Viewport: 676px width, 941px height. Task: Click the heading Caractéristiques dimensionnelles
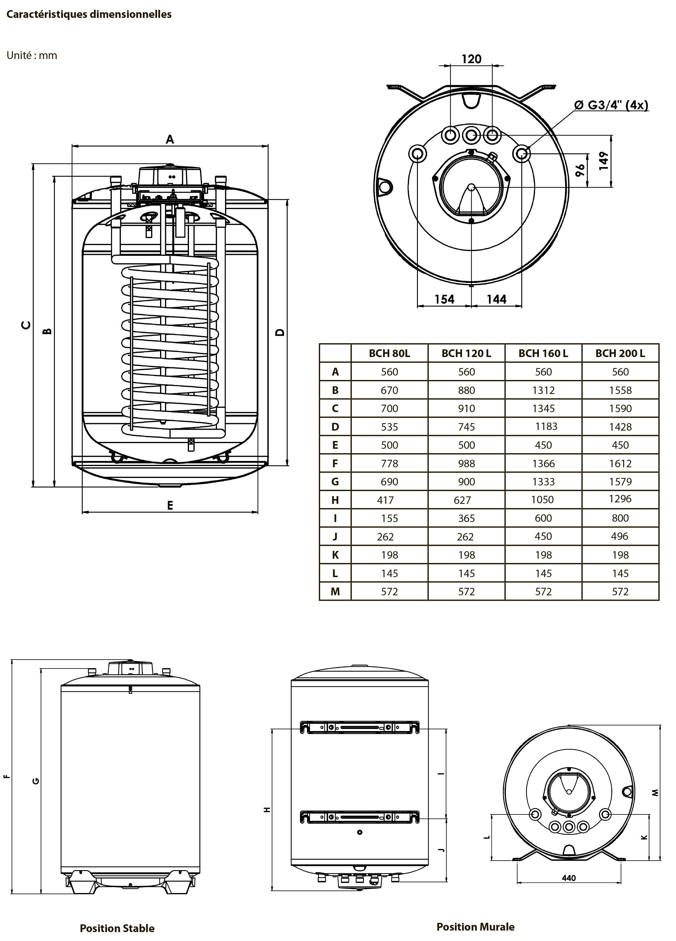pos(89,15)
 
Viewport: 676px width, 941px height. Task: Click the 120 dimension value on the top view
pos(471,59)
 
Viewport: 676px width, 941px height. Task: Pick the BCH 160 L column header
pos(543,353)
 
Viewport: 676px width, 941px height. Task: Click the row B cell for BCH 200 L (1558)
pos(620,390)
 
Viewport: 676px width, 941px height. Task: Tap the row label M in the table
pos(335,592)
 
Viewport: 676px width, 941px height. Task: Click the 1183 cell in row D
pos(546,426)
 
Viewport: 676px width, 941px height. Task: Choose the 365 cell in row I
pos(466,519)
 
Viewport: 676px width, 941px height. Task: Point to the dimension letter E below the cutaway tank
pos(170,505)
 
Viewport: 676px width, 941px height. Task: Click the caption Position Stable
pos(117,928)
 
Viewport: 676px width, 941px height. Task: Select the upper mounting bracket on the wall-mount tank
pos(359,727)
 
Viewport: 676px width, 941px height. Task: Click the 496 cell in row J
pos(620,537)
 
